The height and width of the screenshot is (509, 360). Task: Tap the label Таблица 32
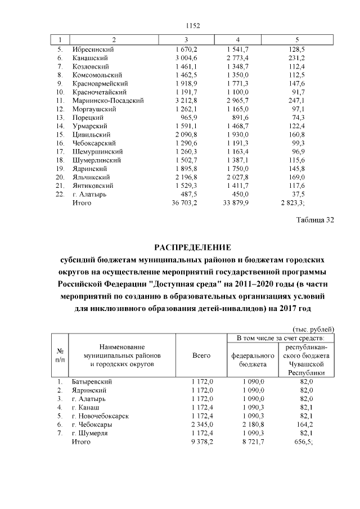(x=315, y=220)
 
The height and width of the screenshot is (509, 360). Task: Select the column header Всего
(x=201, y=355)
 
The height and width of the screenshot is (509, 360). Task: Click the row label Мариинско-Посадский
(x=108, y=100)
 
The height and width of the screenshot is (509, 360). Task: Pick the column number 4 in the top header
(x=238, y=39)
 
